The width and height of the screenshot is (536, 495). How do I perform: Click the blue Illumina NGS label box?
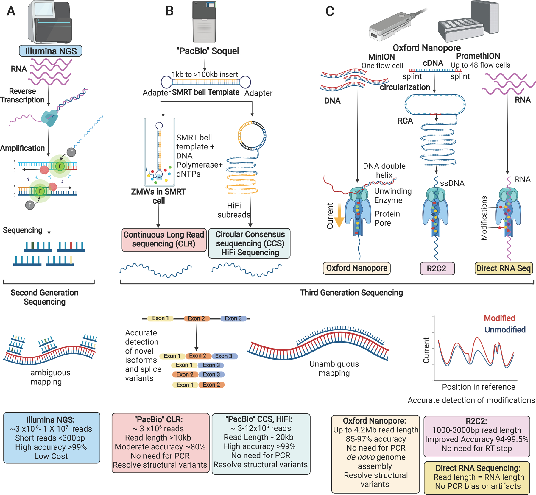[51, 51]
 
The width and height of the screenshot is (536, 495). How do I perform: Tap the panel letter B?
[169, 11]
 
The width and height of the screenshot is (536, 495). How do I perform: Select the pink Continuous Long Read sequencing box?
[164, 239]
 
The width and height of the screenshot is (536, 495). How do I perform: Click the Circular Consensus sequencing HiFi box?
[250, 243]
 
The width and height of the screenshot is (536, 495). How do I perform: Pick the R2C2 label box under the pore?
[437, 268]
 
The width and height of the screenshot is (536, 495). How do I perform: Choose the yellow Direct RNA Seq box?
[503, 268]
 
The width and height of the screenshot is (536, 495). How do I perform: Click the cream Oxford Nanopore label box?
[356, 268]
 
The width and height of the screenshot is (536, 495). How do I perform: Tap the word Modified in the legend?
[499, 318]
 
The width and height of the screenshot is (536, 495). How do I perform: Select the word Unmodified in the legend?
[505, 330]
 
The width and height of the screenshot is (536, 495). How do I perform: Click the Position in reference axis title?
[478, 387]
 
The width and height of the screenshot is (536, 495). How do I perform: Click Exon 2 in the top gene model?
[196, 318]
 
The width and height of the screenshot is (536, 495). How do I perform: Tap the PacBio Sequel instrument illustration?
[204, 22]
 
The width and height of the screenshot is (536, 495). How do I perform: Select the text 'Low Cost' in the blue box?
[51, 456]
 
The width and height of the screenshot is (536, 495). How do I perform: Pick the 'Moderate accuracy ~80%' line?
[160, 447]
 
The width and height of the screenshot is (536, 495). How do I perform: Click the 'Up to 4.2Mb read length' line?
[375, 430]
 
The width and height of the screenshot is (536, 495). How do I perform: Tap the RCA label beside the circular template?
[405, 121]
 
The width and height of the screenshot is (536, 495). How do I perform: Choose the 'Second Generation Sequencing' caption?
[45, 297]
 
